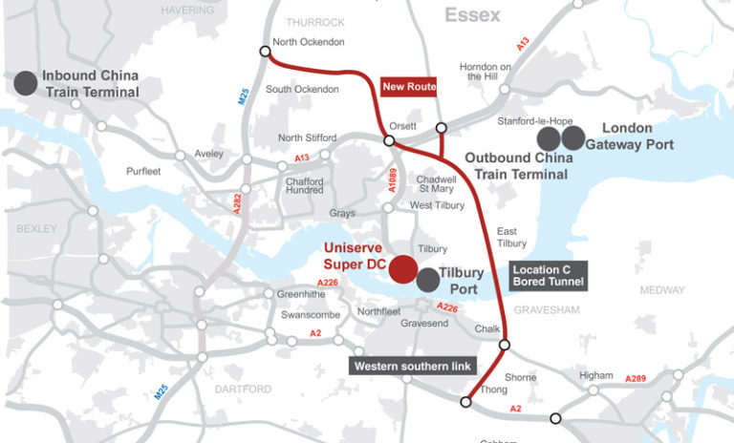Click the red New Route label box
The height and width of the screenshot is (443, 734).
409,87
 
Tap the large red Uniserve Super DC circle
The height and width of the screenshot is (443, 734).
403,270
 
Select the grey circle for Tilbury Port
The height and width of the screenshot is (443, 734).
428,280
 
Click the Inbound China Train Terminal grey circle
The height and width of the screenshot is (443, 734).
26,83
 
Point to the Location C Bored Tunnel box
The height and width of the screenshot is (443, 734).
548,276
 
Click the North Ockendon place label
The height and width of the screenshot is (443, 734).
308,42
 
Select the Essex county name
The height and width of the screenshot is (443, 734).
471,15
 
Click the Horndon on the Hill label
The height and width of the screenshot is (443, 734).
486,73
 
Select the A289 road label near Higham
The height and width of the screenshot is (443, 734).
636,379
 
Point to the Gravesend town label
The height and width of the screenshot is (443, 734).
423,324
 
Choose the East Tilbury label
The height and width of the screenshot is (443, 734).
513,238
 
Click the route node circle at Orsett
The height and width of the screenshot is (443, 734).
389,140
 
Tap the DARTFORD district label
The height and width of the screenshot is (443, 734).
243,389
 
